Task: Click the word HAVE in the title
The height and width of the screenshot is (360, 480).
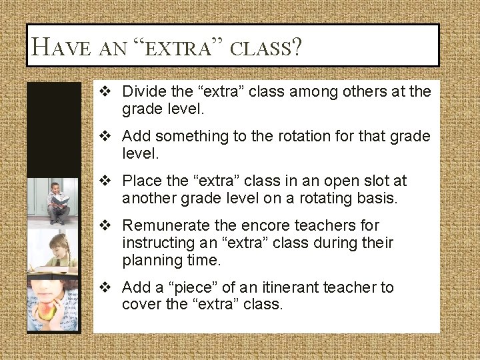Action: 61,47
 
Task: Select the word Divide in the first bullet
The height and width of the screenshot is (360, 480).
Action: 143,91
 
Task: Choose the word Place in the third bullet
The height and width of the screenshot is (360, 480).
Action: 142,181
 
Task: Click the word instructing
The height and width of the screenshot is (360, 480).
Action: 158,243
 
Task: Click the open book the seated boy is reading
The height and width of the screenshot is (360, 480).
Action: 60,199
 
